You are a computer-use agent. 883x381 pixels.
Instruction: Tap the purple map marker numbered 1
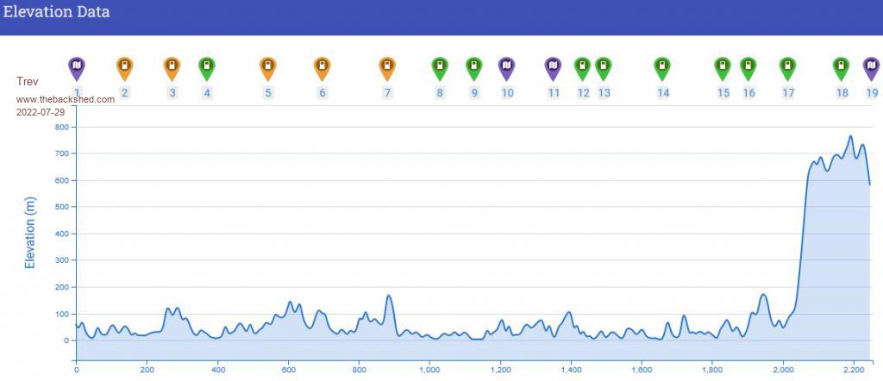tap(77, 66)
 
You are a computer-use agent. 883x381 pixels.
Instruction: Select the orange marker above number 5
tap(268, 66)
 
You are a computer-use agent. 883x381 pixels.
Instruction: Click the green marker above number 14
tap(661, 66)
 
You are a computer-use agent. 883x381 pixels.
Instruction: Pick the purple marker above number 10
tap(507, 66)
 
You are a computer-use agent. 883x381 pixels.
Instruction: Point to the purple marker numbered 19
tap(872, 66)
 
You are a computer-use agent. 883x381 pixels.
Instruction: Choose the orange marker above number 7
tap(387, 66)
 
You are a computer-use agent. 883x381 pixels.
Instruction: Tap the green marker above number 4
tap(207, 66)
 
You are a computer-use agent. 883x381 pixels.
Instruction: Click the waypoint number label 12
tap(584, 93)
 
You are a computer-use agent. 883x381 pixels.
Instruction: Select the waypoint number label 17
tap(788, 93)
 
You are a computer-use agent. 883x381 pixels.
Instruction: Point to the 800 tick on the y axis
tap(60, 128)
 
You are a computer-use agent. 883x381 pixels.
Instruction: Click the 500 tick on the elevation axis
tap(60, 207)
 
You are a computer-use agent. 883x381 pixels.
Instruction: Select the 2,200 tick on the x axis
tap(853, 370)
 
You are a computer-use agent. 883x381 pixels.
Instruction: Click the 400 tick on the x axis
tap(217, 370)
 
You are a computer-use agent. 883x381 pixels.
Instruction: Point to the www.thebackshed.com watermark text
tap(66, 100)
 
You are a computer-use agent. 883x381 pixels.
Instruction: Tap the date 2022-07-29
tap(41, 112)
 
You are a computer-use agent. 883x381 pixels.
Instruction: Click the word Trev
tap(27, 82)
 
